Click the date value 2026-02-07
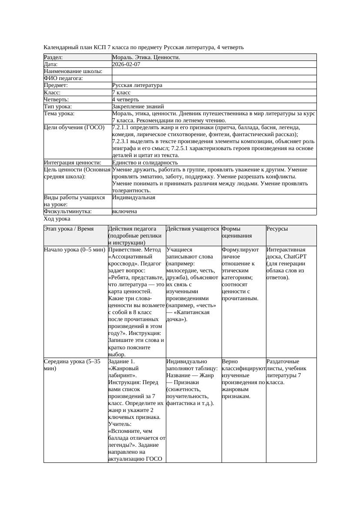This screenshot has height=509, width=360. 126,64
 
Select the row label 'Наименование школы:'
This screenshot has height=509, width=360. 73,71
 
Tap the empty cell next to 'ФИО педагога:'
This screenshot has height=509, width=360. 214,78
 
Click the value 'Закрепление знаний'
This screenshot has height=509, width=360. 138,107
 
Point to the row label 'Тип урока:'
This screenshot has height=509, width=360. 58,107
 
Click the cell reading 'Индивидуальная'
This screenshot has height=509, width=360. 134,198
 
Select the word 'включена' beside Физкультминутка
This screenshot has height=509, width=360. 124,211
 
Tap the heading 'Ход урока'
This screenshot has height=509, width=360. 57,219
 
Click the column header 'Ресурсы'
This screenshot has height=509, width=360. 277,229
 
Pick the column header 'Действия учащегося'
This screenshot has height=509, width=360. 193,229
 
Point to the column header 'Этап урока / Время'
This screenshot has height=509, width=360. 69,229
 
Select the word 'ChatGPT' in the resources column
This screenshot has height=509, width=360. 295,257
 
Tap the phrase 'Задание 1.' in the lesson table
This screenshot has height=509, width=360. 121,362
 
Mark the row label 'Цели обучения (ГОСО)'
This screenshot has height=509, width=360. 74,127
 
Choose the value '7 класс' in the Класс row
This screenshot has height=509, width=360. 121,93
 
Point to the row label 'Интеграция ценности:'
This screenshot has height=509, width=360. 73,163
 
